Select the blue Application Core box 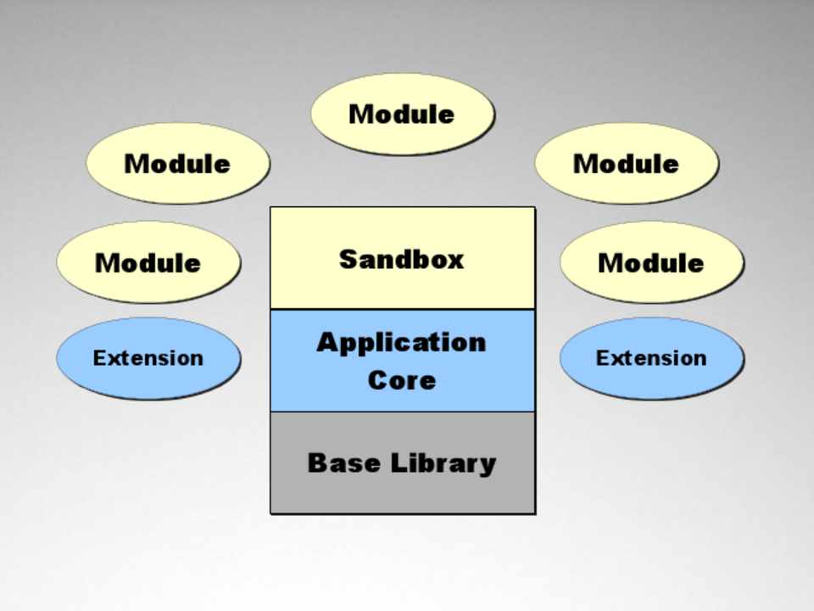tap(402, 361)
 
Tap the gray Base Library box tap(402, 484)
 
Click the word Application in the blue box tap(402, 342)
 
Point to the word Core tap(402, 379)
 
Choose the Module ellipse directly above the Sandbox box tap(402, 114)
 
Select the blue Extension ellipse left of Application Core tap(148, 358)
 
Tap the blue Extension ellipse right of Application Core tap(651, 358)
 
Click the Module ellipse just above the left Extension tap(148, 262)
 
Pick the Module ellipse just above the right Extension tap(651, 262)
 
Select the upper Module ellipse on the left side tap(177, 163)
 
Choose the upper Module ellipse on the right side tap(627, 163)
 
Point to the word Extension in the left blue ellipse tap(148, 358)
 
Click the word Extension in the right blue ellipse tap(651, 358)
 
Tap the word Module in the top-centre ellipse tap(402, 114)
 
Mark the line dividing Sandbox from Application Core tap(402, 309)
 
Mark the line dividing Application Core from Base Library tap(402, 412)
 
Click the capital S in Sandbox tap(348, 259)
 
